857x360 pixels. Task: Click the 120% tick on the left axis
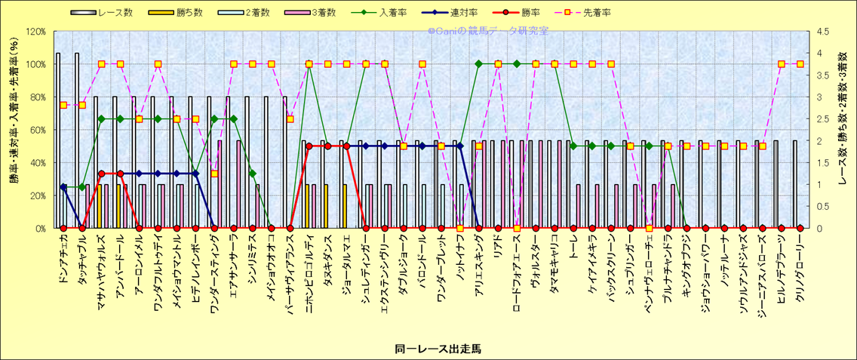pos(35,32)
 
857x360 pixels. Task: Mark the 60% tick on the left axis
pos(38,130)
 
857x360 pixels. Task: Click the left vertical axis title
pos(14,130)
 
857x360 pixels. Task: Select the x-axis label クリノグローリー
pos(800,261)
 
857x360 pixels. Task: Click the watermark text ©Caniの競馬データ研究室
pos(488,32)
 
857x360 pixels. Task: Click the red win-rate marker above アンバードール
pos(120,174)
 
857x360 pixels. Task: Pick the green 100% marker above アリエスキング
pos(479,63)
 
